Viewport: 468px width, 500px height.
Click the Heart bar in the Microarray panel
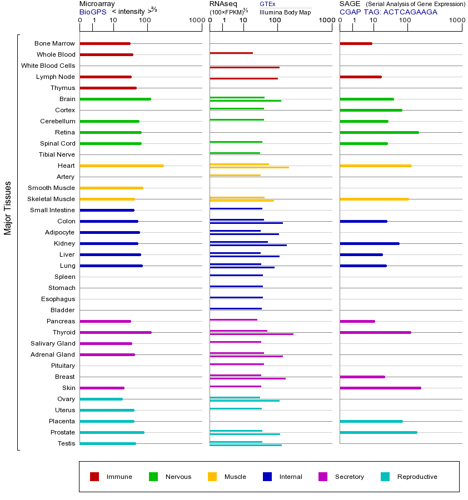point(122,166)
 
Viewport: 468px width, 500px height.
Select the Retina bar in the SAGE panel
point(379,132)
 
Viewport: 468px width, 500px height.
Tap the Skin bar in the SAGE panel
point(380,388)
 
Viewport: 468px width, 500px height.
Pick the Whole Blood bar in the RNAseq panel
point(231,53)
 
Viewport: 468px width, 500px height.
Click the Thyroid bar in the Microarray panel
point(116,332)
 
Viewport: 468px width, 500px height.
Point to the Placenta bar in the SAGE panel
point(371,421)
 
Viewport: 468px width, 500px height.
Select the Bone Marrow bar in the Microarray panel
point(105,43)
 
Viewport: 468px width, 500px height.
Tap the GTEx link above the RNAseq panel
point(267,4)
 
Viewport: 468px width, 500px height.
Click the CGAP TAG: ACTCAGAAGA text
point(388,12)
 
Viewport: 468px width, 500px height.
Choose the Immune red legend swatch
point(94,477)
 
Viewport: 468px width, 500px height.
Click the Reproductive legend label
point(417,477)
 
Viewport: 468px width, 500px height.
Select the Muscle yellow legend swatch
point(212,477)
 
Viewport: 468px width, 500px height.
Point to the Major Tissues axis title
point(8,208)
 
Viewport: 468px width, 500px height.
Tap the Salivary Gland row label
point(53,343)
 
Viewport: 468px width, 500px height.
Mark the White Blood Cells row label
point(48,66)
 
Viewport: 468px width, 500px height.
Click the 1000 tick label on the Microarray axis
point(196,21)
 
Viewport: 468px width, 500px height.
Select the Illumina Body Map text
point(285,12)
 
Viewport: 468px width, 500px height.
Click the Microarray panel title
point(97,4)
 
